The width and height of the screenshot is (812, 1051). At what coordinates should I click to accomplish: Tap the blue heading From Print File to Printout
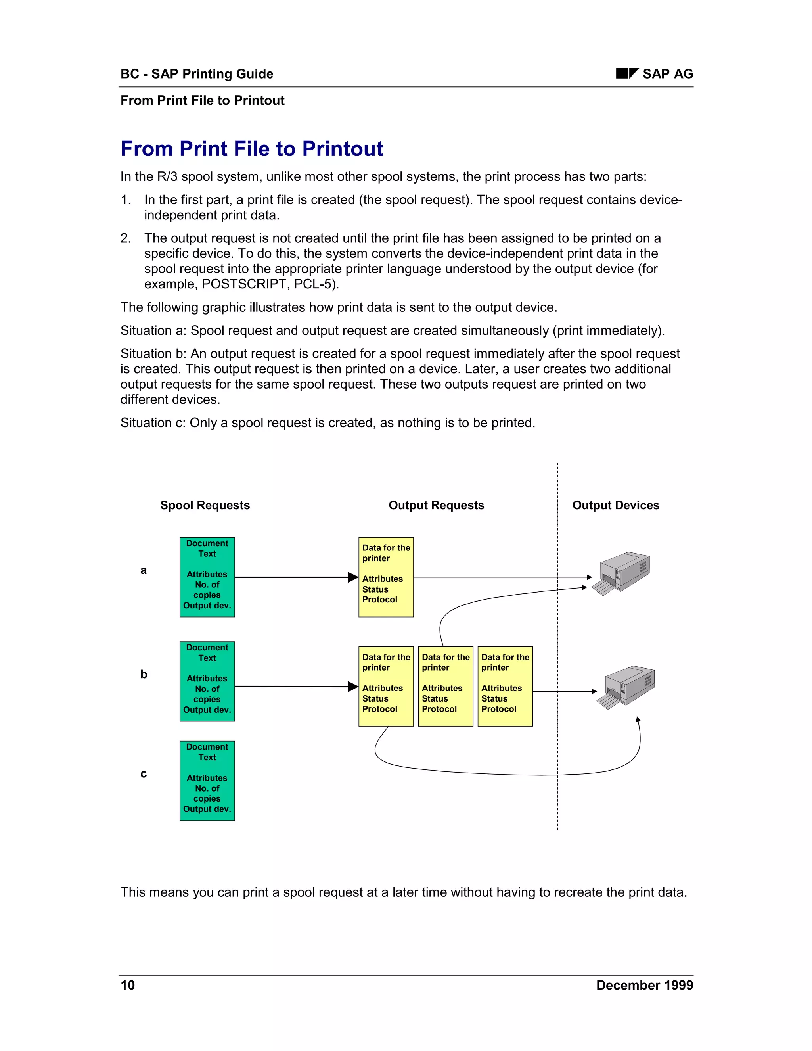coord(252,149)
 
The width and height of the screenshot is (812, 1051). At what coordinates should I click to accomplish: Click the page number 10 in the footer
coord(128,985)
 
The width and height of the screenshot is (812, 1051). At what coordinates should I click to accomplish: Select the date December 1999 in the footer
coord(644,985)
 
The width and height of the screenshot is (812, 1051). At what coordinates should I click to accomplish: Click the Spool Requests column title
coord(205,505)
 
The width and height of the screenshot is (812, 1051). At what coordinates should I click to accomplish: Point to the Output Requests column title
coord(436,505)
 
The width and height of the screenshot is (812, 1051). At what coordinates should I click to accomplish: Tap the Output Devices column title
coord(615,505)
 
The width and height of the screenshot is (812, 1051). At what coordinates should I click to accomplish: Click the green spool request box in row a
coord(207,577)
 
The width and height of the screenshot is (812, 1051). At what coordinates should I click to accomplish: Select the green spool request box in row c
coord(207,781)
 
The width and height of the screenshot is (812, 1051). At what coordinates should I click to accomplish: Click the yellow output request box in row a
coord(386,577)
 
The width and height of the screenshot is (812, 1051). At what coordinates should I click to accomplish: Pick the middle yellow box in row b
coord(445,686)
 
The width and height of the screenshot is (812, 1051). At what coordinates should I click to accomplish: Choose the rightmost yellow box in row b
coord(505,686)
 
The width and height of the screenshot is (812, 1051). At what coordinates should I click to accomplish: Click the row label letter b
coord(144,675)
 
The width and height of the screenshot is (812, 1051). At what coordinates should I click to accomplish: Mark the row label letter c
coord(144,774)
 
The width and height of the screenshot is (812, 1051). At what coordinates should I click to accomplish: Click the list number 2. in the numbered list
coord(126,238)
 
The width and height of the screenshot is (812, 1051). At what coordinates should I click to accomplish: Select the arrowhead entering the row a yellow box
coord(353,577)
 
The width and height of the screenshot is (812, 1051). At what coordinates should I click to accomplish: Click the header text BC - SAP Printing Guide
coord(197,74)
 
